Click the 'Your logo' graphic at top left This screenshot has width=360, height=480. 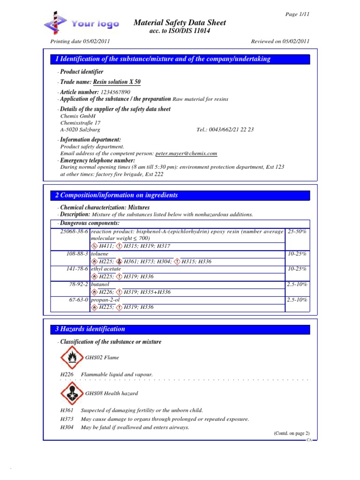tap(82, 23)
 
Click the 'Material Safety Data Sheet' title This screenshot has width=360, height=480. tap(180, 22)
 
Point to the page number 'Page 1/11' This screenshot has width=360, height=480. tap(298, 14)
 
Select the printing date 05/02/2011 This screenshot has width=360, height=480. tap(97, 41)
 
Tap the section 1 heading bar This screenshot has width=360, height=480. tap(180, 59)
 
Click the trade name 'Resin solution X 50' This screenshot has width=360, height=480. tap(117, 82)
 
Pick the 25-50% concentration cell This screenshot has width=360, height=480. tap(297, 232)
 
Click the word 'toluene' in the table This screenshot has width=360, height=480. tap(99, 254)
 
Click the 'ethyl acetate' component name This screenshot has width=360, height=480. tap(105, 269)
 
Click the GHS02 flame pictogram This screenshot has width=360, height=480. tap(71, 358)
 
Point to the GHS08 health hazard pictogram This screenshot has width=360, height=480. tap(71, 393)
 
